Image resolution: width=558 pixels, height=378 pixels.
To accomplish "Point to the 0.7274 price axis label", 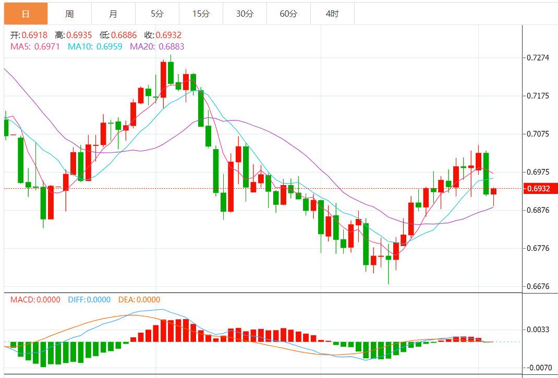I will [538, 57].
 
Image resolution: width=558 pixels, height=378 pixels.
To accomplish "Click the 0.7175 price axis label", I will [538, 96].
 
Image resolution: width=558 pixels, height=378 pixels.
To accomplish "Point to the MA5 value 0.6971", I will [47, 46].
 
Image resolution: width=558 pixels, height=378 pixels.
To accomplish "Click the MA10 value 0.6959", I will [110, 46].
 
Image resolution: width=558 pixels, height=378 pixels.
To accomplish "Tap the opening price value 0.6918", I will [34, 35].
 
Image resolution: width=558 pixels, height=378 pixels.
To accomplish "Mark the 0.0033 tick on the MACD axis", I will [538, 330].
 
